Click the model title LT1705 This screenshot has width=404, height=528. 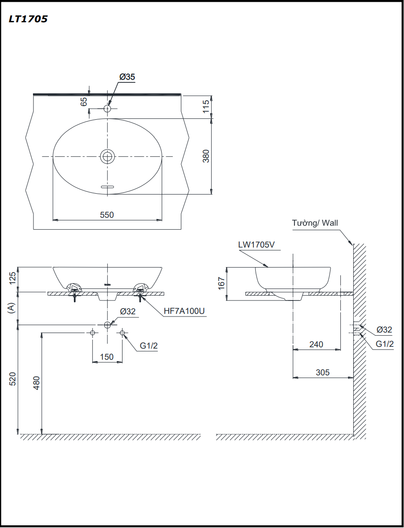[28, 19]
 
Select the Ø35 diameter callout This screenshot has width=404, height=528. [127, 77]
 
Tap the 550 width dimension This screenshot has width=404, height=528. [107, 215]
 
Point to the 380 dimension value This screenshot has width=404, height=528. [206, 156]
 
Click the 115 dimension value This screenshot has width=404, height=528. [206, 107]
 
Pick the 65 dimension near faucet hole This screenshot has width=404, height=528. [84, 102]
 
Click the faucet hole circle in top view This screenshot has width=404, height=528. [107, 108]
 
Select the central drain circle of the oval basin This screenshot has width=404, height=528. [107, 156]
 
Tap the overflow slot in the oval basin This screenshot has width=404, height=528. [107, 187]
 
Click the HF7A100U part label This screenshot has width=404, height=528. [184, 311]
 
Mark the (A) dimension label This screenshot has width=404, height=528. [12, 309]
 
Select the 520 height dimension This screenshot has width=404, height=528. [12, 378]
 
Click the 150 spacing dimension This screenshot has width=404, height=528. [107, 357]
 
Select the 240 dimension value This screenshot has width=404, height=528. [316, 344]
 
